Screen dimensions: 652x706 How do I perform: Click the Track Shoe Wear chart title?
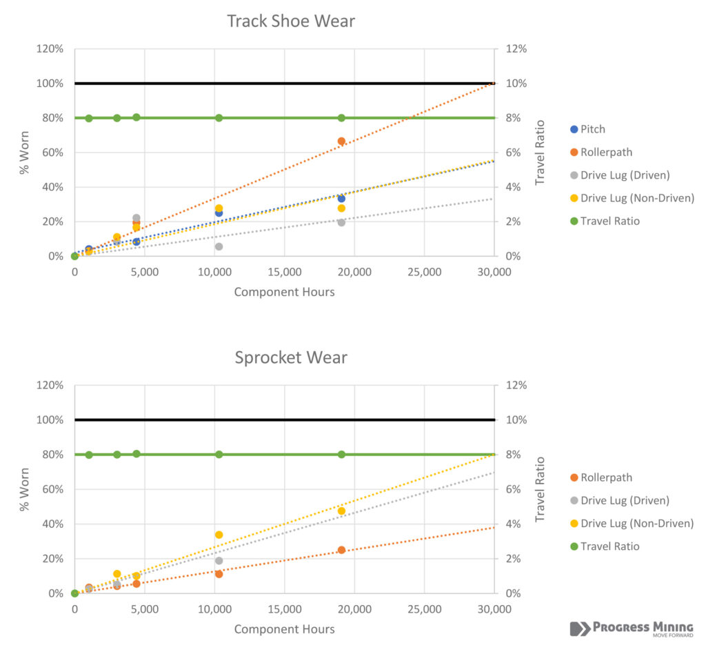point(291,21)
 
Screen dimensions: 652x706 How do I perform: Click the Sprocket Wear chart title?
point(291,358)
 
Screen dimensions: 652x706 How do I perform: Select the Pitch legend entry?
point(593,129)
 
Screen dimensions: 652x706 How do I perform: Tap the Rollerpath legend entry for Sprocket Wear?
point(606,477)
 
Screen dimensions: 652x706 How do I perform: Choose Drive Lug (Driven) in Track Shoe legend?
point(625,175)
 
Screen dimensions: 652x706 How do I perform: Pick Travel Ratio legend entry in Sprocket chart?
point(609,546)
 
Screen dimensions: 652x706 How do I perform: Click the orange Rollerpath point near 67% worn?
point(341,141)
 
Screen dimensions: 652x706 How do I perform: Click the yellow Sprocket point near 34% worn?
point(219,535)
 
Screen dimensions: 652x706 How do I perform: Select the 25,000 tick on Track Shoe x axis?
point(424,272)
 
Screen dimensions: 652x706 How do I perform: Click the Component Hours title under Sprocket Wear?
point(284,629)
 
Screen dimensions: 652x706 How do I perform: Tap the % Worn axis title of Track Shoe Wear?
point(25,152)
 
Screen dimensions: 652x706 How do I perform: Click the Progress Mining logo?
point(631,629)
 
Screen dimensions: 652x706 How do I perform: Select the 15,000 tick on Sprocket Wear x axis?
point(284,609)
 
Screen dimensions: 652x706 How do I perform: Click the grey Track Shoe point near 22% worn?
point(137,218)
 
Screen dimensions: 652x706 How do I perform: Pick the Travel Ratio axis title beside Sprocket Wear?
point(541,489)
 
